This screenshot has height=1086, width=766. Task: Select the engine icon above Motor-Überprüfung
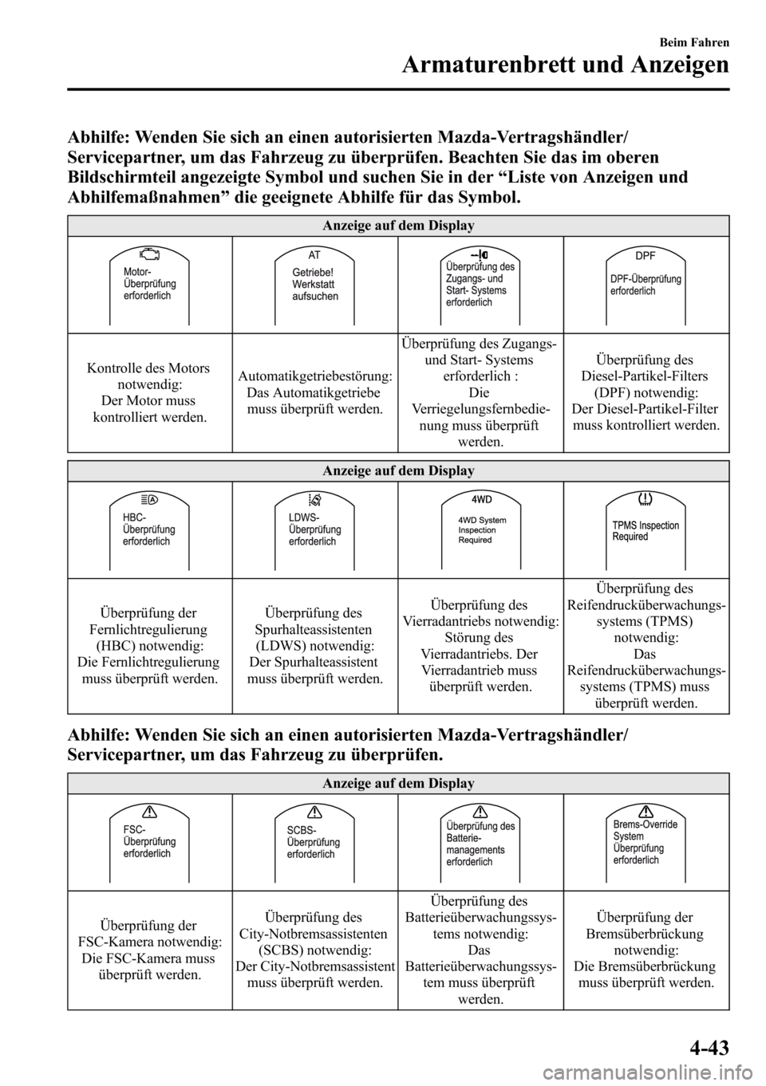pyautogui.click(x=149, y=256)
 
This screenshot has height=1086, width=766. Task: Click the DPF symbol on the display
pyautogui.click(x=646, y=257)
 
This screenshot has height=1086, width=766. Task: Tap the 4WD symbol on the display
pyautogui.click(x=480, y=500)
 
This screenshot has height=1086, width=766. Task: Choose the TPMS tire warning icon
pyautogui.click(x=646, y=500)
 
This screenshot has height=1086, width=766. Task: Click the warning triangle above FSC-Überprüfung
pyautogui.click(x=149, y=813)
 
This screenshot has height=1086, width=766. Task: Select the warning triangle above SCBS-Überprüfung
pyautogui.click(x=314, y=813)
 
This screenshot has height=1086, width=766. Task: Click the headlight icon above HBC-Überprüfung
pyautogui.click(x=149, y=500)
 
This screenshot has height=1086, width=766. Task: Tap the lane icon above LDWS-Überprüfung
pyautogui.click(x=314, y=500)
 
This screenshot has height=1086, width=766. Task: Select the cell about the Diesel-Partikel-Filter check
pyautogui.click(x=645, y=392)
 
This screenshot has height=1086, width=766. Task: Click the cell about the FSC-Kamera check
pyautogui.click(x=150, y=950)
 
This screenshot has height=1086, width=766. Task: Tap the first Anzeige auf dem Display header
pyautogui.click(x=398, y=226)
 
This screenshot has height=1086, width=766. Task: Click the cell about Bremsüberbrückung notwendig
pyautogui.click(x=645, y=950)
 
